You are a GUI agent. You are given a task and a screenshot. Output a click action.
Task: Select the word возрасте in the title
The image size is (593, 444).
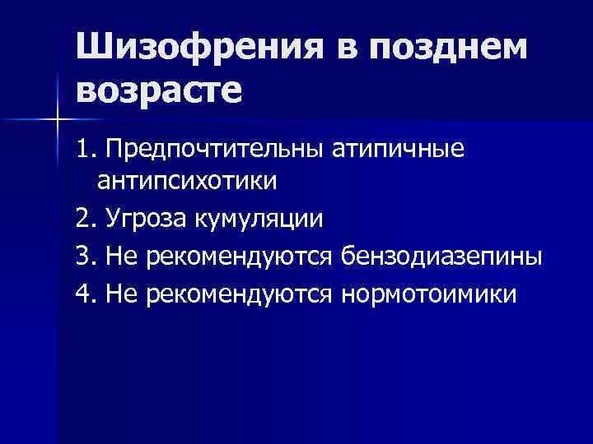click(x=161, y=89)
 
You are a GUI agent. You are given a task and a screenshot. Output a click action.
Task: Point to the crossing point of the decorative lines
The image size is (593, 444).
click(x=58, y=120)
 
